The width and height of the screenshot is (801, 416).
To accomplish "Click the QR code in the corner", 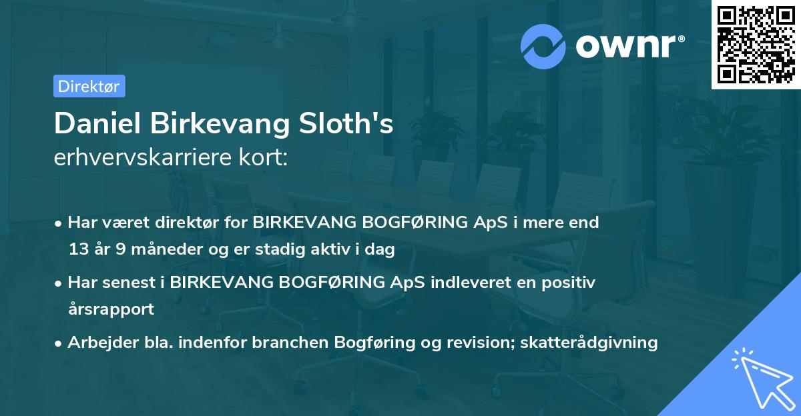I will [756, 44].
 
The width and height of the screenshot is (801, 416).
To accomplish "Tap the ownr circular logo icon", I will [543, 46].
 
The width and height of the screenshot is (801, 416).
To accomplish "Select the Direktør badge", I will [89, 86].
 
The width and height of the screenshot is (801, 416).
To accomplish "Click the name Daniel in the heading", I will [97, 124].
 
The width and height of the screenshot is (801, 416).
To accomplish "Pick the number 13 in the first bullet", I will [77, 250].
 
